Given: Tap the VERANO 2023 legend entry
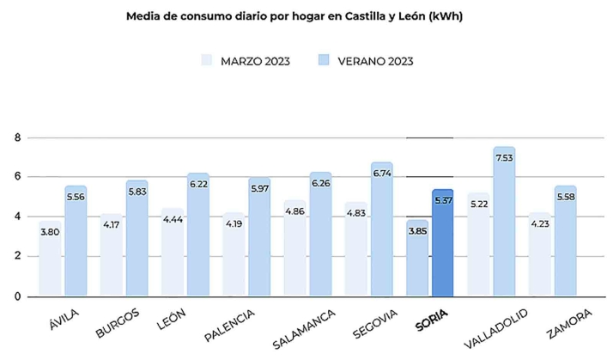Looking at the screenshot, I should click(367, 60).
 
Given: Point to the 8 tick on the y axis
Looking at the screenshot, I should click(17, 137).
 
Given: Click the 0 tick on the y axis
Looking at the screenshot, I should click(17, 296).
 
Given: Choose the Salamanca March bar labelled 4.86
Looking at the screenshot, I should click(294, 253).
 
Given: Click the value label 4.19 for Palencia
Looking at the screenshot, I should click(234, 225).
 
